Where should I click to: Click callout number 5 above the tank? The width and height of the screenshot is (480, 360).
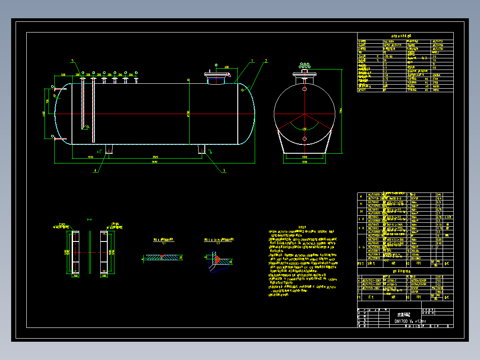pos(72,61)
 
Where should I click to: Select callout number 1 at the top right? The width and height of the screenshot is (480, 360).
pos(252,60)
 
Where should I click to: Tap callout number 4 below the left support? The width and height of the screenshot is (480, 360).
pos(94,170)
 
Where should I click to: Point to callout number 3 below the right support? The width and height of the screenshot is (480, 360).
pos(224,170)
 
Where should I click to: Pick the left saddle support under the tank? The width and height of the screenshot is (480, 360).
pos(109,149)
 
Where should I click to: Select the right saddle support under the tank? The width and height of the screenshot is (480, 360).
pos(201,149)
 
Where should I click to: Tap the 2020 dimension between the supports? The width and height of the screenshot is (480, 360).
pos(155,157)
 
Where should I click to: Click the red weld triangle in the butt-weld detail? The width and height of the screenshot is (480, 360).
pos(162,256)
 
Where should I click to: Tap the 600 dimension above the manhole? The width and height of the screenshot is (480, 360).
pos(226,67)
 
